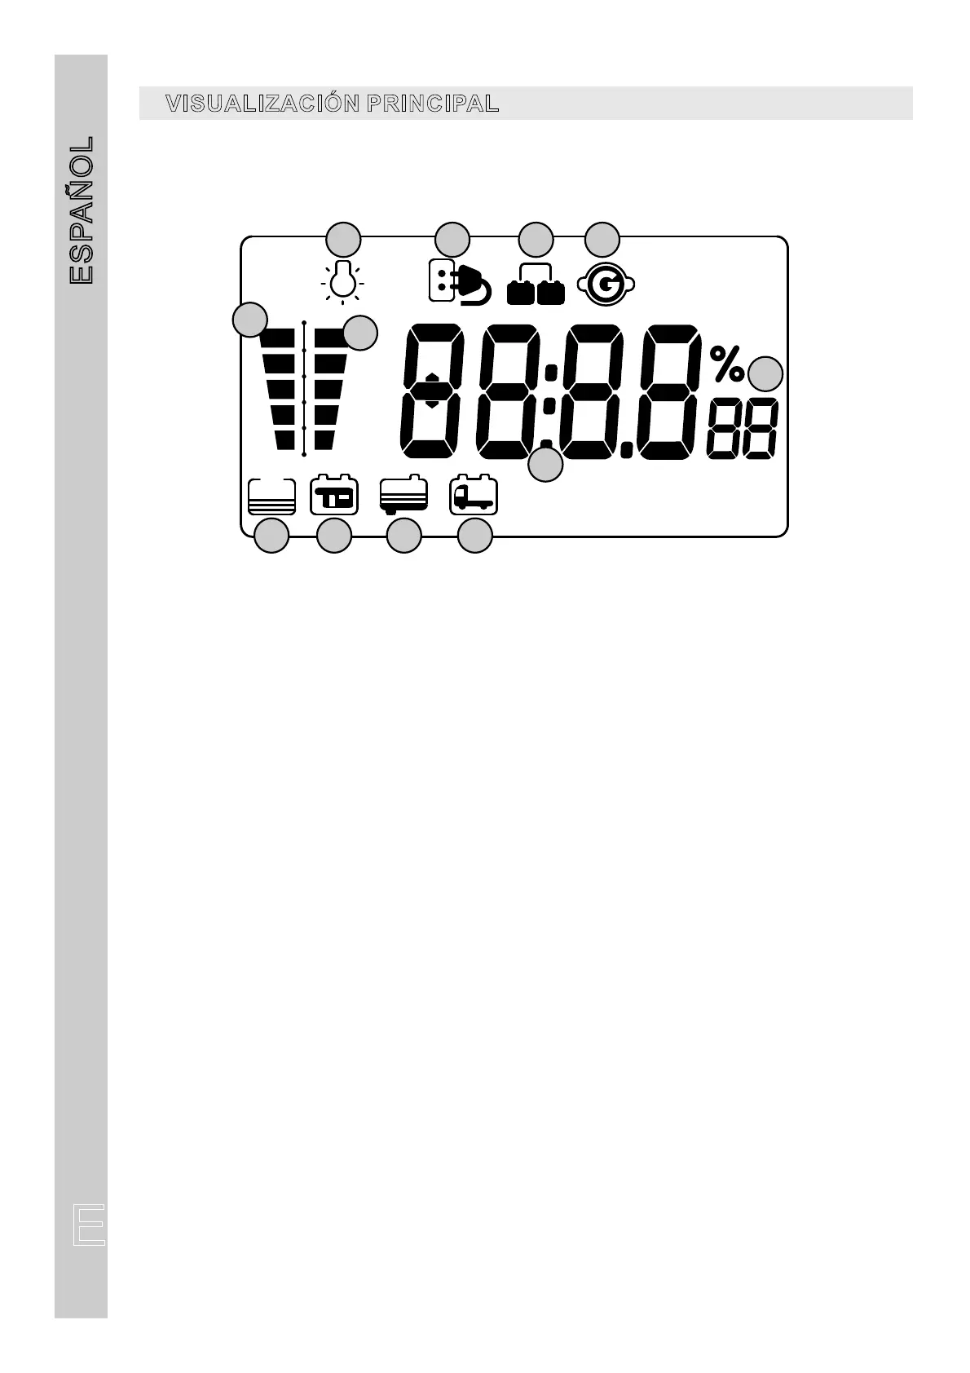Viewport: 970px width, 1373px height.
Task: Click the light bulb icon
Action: pyautogui.click(x=342, y=281)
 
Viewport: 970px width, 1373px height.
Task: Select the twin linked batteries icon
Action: pyautogui.click(x=536, y=285)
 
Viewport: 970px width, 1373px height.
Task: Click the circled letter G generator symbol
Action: pyautogui.click(x=605, y=285)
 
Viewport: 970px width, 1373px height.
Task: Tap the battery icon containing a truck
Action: pyautogui.click(x=473, y=496)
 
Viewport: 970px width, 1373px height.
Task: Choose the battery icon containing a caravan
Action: pyautogui.click(x=334, y=496)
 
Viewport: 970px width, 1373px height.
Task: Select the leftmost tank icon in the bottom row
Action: pyautogui.click(x=271, y=496)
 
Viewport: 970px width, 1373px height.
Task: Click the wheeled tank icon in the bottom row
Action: pyautogui.click(x=403, y=496)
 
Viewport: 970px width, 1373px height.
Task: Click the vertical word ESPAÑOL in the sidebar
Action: pyautogui.click(x=82, y=210)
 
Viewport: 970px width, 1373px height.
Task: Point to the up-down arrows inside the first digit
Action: pyautogui.click(x=432, y=391)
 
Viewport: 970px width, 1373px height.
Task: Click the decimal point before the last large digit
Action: pyautogui.click(x=625, y=448)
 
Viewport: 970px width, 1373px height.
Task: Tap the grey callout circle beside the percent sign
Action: pyautogui.click(x=765, y=374)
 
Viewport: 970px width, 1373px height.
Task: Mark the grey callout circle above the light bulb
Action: pyautogui.click(x=343, y=240)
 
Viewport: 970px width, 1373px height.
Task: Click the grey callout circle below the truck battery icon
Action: pyautogui.click(x=475, y=536)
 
